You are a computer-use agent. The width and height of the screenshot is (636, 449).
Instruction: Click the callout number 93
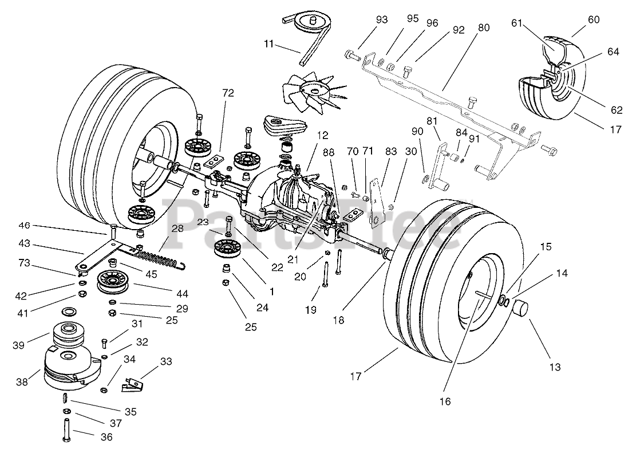coord(382,19)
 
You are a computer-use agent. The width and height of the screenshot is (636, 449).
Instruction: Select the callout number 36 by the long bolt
coord(106,437)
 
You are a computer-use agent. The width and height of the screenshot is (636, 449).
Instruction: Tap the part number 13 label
coord(555,367)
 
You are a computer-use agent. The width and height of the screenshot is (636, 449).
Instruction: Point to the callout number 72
coord(228,93)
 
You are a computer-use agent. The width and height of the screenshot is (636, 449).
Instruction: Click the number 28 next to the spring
coord(177,229)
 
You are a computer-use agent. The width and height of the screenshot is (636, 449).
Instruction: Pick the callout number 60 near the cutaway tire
coord(594,19)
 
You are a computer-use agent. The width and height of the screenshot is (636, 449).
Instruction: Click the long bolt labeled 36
coord(66,430)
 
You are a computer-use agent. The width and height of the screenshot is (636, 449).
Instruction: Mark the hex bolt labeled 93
coord(352,54)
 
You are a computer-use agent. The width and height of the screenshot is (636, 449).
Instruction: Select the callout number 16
coord(445,401)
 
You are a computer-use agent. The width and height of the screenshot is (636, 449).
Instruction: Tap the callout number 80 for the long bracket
coord(484,27)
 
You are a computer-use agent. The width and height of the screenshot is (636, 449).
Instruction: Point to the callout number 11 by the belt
coord(269,44)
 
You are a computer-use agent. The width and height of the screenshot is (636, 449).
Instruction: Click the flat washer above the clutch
coord(69,312)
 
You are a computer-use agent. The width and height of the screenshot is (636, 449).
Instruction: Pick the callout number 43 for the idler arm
coord(25,244)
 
